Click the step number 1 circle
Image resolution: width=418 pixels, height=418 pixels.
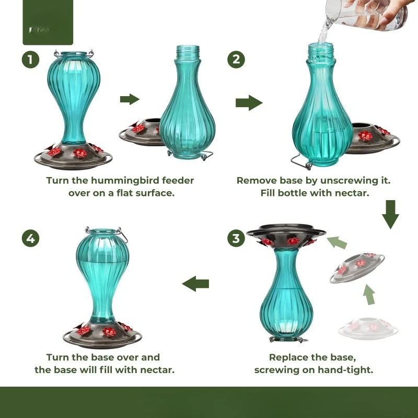(30, 60)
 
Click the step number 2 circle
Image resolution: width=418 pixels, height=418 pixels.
(236, 60)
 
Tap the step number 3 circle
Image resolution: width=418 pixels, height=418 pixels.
(236, 239)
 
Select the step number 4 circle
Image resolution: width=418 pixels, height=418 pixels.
(30, 239)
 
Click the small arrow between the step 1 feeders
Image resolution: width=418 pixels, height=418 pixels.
(130, 100)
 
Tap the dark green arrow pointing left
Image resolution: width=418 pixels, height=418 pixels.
(195, 284)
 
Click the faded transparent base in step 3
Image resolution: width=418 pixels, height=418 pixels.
(364, 327)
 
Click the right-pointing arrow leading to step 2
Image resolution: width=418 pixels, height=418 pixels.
(249, 103)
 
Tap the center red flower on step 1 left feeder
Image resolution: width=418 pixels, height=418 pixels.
(79, 153)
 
